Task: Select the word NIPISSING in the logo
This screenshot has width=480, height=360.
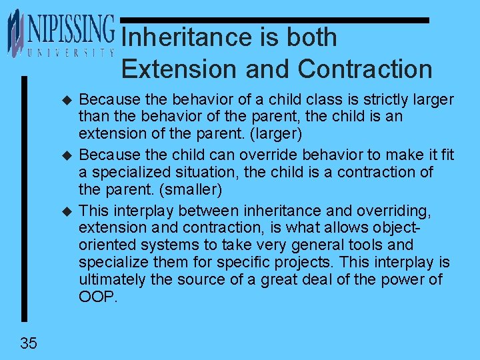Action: pyautogui.click(x=70, y=29)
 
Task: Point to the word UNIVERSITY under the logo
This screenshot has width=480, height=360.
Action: pyautogui.click(x=70, y=51)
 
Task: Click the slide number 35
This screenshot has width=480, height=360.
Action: pyautogui.click(x=29, y=343)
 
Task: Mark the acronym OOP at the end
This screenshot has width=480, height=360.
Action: pyautogui.click(x=97, y=297)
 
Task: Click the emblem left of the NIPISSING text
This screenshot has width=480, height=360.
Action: pyautogui.click(x=15, y=33)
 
